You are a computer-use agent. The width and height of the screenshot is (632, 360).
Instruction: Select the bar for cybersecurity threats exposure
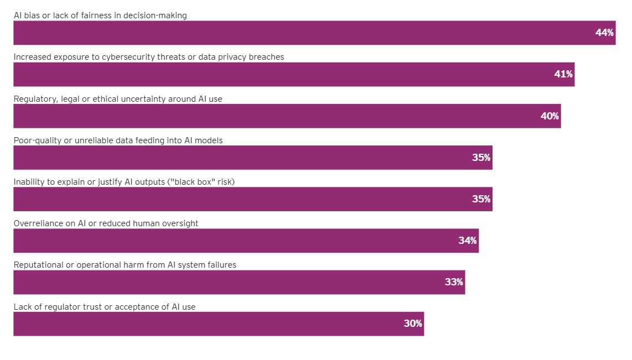click(294, 74)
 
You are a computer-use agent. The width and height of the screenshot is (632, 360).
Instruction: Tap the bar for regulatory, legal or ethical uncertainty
click(287, 116)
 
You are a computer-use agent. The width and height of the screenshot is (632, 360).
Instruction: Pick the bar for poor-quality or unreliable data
click(253, 158)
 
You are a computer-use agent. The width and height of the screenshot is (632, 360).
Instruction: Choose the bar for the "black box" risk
click(253, 199)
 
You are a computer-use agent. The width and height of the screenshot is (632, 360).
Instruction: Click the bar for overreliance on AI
click(246, 241)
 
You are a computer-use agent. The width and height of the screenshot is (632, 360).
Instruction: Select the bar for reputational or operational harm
click(239, 282)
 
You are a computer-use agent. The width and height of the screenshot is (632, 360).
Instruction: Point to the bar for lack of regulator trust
click(219, 324)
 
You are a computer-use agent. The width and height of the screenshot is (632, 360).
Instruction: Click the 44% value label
click(604, 33)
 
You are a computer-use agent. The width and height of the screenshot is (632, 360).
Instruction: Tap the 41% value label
click(563, 74)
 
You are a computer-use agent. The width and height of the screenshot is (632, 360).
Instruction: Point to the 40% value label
click(550, 116)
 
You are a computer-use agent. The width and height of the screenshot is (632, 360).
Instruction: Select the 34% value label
click(468, 241)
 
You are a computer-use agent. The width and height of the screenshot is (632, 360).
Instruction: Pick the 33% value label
click(454, 282)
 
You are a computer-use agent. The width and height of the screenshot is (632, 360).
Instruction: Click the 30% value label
click(413, 324)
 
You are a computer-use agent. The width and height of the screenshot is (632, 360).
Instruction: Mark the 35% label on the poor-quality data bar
click(481, 158)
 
